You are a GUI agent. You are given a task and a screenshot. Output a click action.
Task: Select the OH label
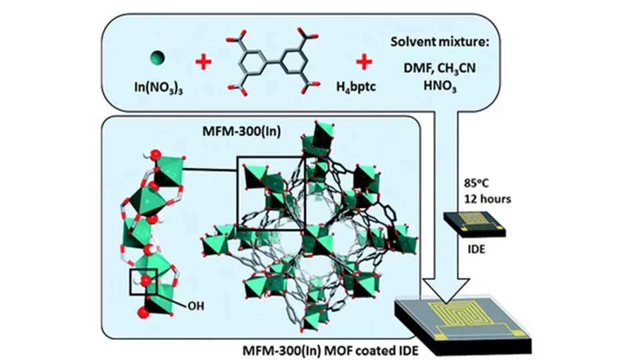point(196,307)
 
